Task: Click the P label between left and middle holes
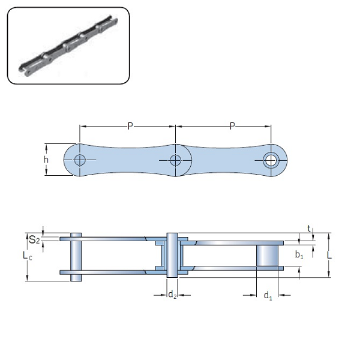(x=130, y=126)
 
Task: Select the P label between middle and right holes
(x=232, y=126)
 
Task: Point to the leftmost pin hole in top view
(x=80, y=160)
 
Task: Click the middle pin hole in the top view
(x=175, y=160)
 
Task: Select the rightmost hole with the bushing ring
(x=271, y=160)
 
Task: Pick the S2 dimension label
(x=35, y=241)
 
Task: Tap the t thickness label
(x=308, y=229)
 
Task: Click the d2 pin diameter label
(x=172, y=295)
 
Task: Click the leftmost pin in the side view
(x=76, y=256)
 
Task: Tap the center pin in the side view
(x=172, y=255)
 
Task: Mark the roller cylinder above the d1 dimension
(x=268, y=255)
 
